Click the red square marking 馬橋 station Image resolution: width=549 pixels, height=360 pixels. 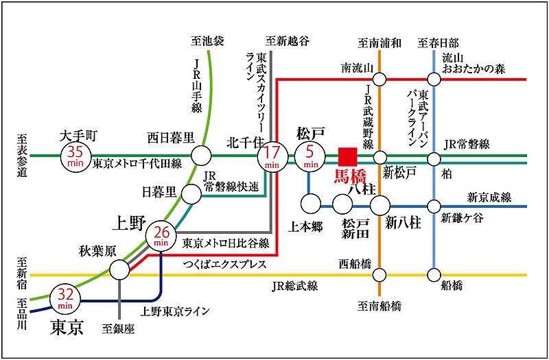348,157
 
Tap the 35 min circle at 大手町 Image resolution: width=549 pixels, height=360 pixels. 75,156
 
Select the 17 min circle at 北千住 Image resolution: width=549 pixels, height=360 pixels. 272,157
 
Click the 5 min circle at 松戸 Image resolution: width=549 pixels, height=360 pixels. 310,157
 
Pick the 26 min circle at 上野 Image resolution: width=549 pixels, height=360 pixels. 161,237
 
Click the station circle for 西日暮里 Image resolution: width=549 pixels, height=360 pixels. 201,156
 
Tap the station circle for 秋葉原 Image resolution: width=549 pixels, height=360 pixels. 119,269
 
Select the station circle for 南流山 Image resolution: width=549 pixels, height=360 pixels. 379,80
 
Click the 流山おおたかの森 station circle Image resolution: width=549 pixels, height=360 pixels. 434,80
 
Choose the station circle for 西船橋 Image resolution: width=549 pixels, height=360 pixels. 379,275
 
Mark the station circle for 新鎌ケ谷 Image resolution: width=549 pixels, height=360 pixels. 434,206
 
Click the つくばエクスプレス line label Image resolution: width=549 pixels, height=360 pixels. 224,265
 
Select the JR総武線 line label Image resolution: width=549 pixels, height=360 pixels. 294,287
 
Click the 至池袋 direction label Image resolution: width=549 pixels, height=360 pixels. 207,42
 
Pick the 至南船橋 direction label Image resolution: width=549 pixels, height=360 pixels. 379,307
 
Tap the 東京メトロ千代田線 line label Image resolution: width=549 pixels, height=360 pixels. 137,164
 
